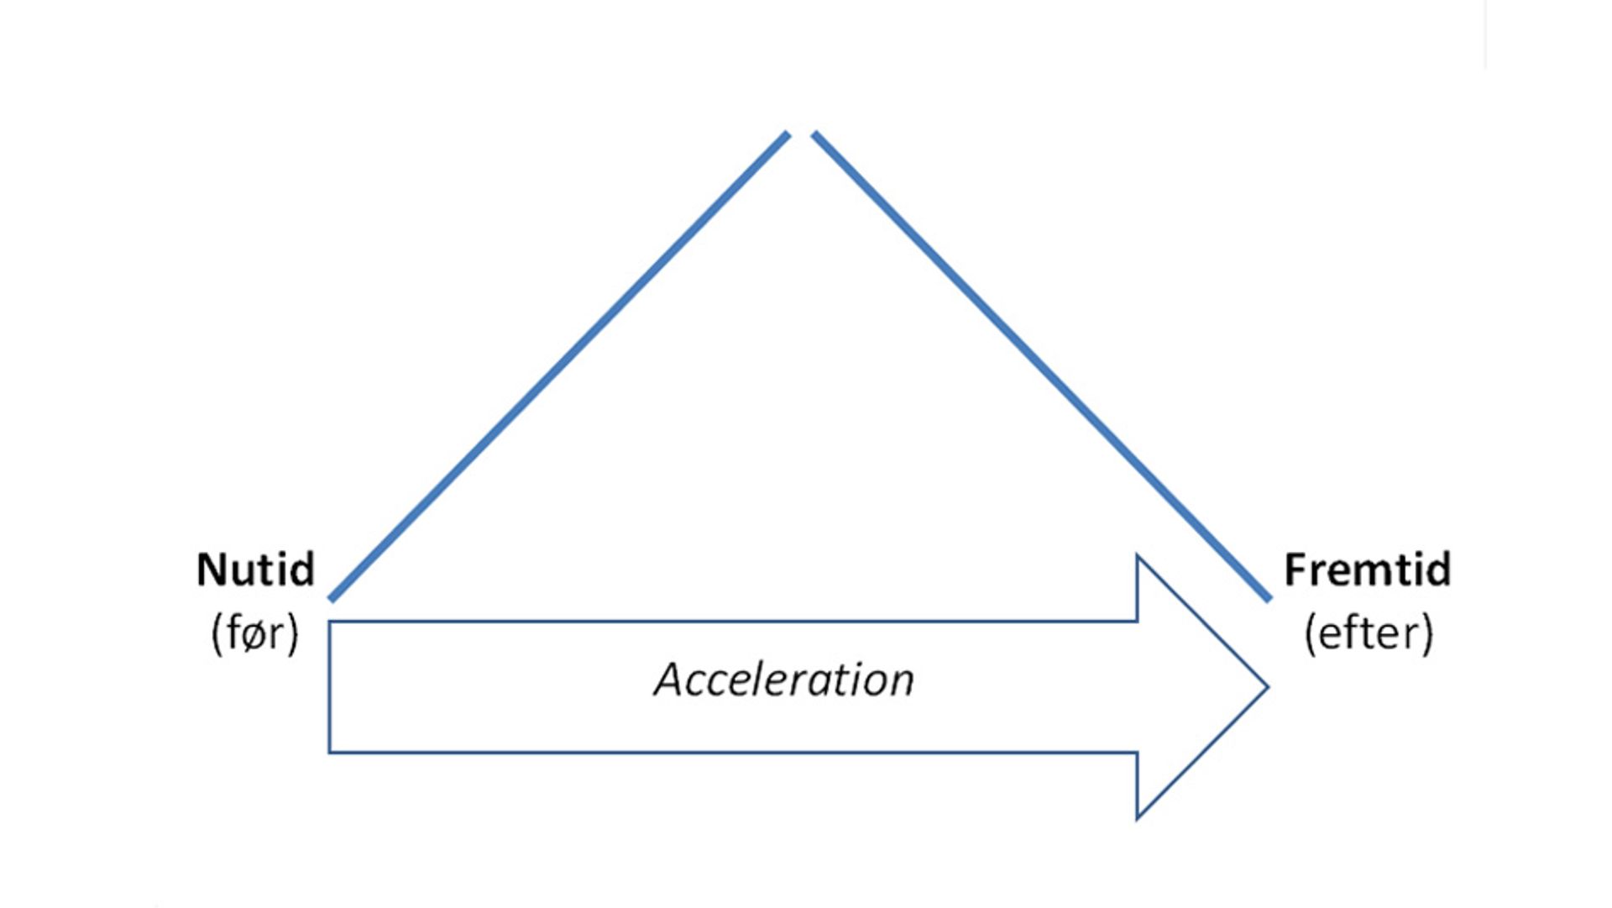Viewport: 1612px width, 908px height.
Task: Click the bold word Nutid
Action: click(x=255, y=570)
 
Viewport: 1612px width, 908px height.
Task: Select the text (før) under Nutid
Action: click(x=254, y=633)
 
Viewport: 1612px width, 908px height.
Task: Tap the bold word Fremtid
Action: click(x=1367, y=570)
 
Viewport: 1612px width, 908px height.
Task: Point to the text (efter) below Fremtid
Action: click(x=1369, y=633)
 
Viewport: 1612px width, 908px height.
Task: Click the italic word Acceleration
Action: click(x=784, y=680)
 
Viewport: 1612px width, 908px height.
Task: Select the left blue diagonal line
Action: click(x=559, y=366)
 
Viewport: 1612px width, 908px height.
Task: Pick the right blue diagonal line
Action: click(x=1041, y=366)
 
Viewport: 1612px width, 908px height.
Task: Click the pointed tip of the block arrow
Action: click(x=1266, y=687)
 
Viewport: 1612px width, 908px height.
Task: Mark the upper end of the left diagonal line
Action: click(x=788, y=134)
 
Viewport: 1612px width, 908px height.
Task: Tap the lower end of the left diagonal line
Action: click(x=332, y=599)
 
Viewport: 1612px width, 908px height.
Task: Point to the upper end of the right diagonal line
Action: click(x=814, y=134)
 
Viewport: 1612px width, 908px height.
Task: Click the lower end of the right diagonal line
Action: click(x=1269, y=599)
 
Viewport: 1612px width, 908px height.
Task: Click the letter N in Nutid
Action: click(x=209, y=570)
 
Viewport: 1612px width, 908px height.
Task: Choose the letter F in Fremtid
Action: click(x=1294, y=570)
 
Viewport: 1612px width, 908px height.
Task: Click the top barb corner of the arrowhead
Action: click(x=1138, y=556)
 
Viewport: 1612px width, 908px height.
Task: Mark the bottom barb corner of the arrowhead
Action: click(x=1138, y=817)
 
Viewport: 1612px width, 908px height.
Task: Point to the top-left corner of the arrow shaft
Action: click(x=330, y=622)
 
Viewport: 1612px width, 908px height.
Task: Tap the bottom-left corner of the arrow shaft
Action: click(x=330, y=752)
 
